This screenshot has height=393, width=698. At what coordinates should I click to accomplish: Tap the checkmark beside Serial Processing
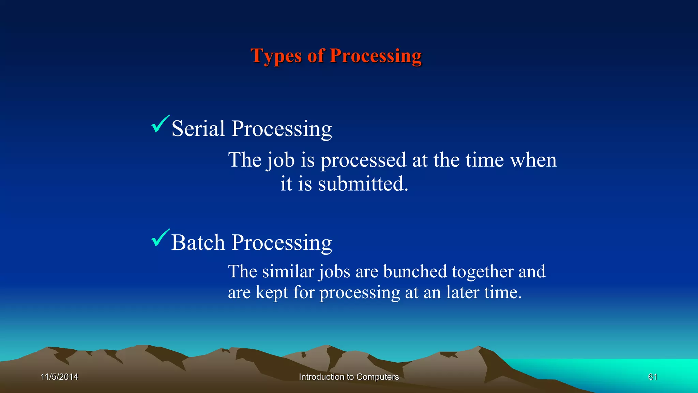coord(160,124)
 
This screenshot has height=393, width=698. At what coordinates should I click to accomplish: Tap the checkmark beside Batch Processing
coord(160,238)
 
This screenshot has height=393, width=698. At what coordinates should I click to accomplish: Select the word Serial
coord(198,129)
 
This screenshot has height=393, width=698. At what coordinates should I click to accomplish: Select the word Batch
coord(198,243)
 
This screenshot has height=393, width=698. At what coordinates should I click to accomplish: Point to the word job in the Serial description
coord(280,160)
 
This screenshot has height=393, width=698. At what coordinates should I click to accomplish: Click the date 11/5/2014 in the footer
coord(59,377)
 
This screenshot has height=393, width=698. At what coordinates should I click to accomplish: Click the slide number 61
coord(652,377)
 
